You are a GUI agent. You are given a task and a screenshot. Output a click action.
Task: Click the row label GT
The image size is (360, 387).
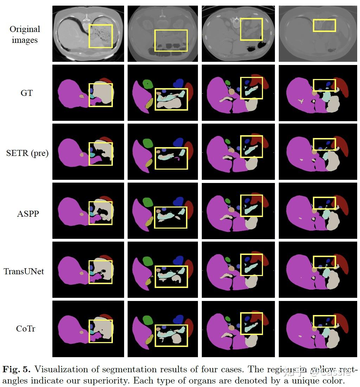click(26, 93)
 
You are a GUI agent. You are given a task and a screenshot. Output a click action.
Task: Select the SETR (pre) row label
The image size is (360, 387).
click(27, 153)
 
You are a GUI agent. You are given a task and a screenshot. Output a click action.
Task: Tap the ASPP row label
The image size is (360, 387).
click(27, 213)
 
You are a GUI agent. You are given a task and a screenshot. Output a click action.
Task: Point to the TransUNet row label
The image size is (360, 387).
click(24, 271)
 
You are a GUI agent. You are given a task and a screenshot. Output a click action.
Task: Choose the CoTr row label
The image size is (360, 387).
click(26, 329)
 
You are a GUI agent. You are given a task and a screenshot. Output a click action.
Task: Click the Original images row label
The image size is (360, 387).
click(25, 34)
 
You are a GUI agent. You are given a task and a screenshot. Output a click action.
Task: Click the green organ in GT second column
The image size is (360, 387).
click(148, 84)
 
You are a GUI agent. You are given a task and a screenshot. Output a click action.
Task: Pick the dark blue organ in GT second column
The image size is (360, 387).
click(179, 83)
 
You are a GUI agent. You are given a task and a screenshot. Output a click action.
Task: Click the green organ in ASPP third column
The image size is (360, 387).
click(227, 201)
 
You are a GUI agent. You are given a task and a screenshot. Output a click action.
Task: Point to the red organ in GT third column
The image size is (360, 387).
click(264, 81)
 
